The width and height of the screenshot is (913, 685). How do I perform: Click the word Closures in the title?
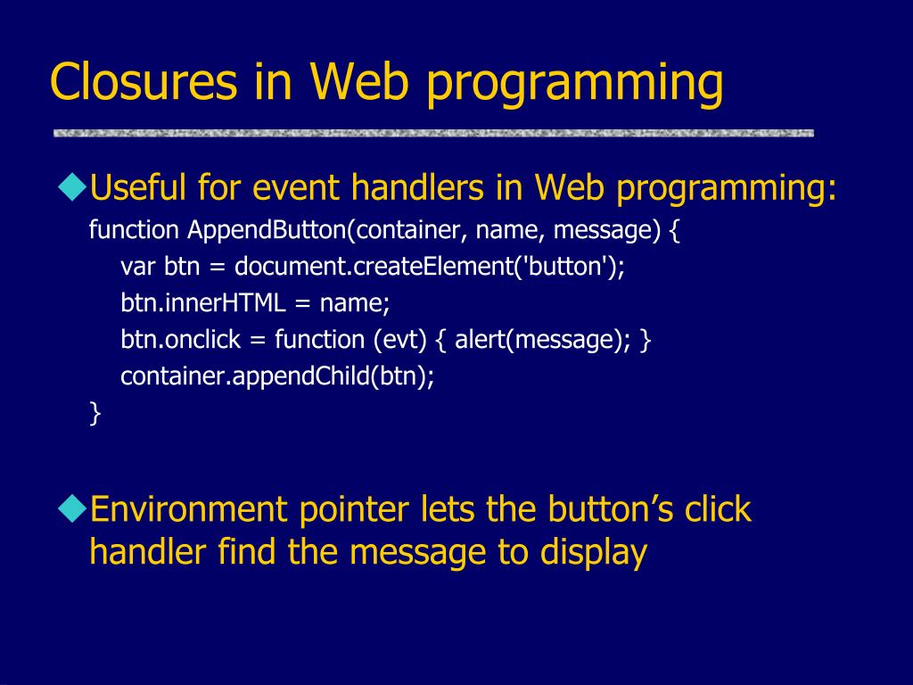(x=144, y=81)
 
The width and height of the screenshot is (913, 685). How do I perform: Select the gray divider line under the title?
(x=433, y=134)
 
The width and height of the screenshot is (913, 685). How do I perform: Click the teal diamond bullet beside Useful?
(x=73, y=187)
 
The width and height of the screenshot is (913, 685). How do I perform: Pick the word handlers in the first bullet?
(x=417, y=187)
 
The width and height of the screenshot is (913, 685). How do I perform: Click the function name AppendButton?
(x=267, y=231)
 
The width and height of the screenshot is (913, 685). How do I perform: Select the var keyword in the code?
(x=138, y=268)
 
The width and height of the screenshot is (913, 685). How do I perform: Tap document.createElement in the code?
(x=374, y=267)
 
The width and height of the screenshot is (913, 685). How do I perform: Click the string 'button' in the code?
(x=564, y=267)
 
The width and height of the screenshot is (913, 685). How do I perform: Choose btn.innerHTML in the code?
(x=203, y=303)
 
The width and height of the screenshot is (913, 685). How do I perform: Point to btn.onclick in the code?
(x=180, y=339)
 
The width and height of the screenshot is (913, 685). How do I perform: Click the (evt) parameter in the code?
(x=400, y=340)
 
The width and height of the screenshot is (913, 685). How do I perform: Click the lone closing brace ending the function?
(x=95, y=413)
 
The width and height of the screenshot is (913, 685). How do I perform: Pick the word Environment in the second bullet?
(x=189, y=508)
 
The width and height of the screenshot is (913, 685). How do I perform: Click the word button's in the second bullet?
(x=610, y=508)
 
